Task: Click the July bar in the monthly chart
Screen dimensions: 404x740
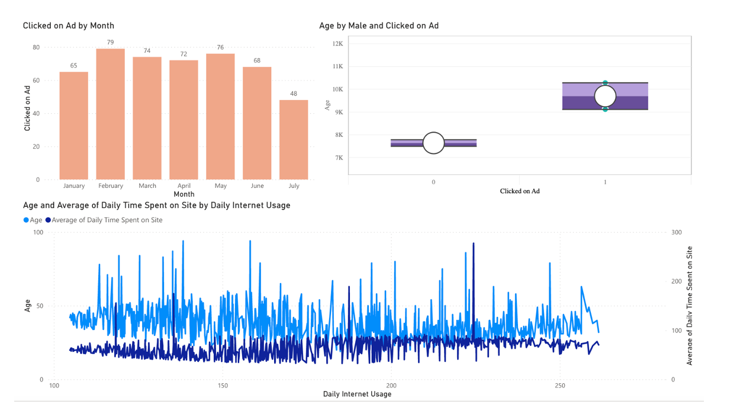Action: click(x=294, y=139)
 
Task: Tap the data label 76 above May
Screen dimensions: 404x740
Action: click(x=220, y=47)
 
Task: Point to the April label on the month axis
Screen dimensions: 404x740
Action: click(x=184, y=186)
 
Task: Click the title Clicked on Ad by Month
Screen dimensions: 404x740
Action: click(x=69, y=25)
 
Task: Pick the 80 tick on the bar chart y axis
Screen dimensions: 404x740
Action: click(x=36, y=47)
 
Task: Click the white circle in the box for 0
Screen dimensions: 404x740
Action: click(x=434, y=143)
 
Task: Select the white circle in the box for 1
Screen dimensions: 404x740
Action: click(x=605, y=95)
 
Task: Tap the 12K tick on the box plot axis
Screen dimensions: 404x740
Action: click(x=337, y=44)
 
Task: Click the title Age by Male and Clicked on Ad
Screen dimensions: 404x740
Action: click(x=379, y=25)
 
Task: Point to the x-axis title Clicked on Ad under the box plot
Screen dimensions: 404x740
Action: click(x=519, y=191)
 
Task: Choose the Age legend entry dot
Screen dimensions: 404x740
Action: click(x=26, y=220)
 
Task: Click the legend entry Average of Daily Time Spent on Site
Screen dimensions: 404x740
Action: click(x=107, y=220)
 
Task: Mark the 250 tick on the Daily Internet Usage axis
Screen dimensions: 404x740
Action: click(x=560, y=386)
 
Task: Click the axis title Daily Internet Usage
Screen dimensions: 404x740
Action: click(x=357, y=394)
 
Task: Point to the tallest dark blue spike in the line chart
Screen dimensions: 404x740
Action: click(x=473, y=243)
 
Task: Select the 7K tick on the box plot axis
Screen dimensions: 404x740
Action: click(x=339, y=158)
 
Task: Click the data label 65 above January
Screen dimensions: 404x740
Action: click(x=73, y=66)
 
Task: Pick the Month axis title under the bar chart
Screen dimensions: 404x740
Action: click(x=184, y=194)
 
